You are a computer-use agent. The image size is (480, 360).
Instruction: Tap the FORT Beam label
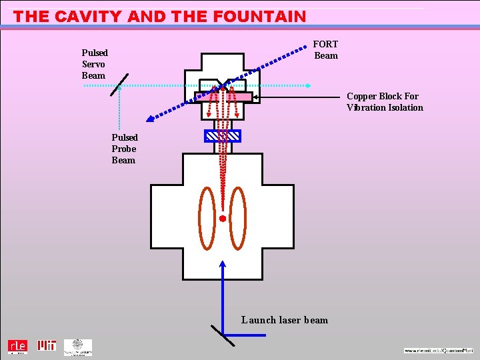(x=326, y=50)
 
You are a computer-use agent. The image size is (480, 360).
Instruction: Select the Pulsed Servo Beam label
(x=95, y=64)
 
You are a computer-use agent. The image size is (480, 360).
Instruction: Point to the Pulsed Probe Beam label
(x=125, y=149)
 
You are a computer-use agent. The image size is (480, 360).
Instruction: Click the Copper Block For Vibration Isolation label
(x=384, y=102)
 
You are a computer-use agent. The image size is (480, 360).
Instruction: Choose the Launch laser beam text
(x=285, y=320)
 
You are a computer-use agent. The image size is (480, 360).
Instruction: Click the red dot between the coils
(x=223, y=218)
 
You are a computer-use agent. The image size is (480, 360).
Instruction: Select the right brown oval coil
(x=238, y=217)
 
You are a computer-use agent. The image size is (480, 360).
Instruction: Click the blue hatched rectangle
(x=223, y=136)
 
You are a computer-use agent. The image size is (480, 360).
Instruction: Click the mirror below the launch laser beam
(x=223, y=335)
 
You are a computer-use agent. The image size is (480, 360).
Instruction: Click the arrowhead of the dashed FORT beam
(x=151, y=119)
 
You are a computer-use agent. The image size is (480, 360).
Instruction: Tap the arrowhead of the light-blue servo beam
(x=309, y=85)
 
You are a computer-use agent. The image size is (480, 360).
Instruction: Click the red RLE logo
(x=17, y=347)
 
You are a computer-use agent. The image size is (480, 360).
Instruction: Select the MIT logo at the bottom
(x=47, y=346)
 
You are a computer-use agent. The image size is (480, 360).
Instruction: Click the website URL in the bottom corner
(x=438, y=350)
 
